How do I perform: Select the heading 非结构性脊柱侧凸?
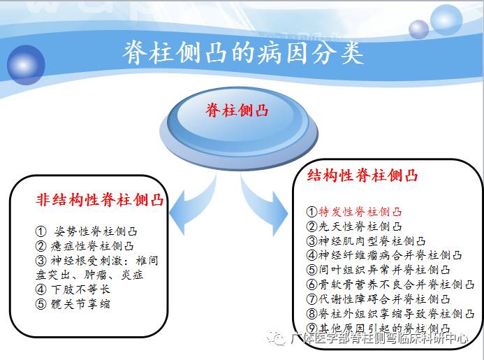100,200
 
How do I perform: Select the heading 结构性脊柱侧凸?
363,175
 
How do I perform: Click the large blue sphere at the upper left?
26,63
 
